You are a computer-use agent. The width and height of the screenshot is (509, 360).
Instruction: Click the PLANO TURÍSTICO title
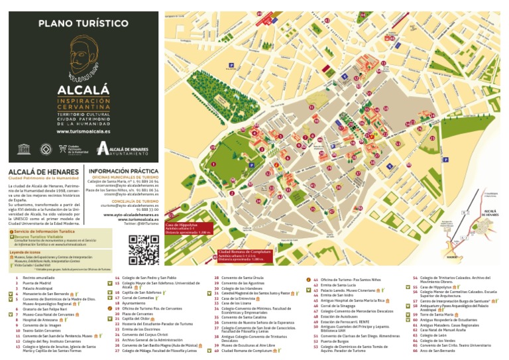coord(83,23)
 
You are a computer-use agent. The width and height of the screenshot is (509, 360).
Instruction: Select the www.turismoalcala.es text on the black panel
coord(83,131)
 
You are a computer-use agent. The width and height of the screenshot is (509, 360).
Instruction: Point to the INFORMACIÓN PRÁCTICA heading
coord(124,170)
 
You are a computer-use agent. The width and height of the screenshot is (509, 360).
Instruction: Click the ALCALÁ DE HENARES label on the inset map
coord(490,213)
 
